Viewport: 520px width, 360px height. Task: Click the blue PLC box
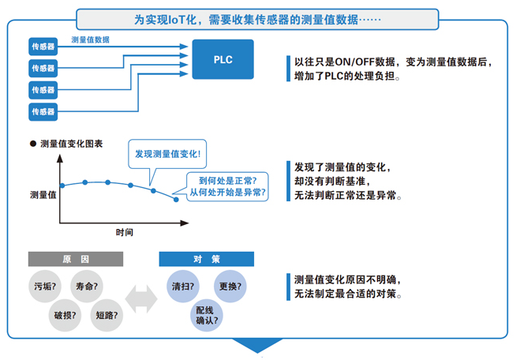[x=223, y=59]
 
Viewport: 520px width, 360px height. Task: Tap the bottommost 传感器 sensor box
[x=44, y=112]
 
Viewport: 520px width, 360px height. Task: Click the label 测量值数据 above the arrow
[x=90, y=39]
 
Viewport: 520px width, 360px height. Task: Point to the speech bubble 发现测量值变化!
[x=167, y=154]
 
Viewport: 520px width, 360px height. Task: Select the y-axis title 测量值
[x=43, y=195]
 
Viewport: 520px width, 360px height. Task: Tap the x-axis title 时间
[x=124, y=234]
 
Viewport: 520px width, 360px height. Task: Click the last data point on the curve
[x=176, y=199]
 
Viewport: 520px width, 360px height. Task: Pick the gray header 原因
[x=76, y=259]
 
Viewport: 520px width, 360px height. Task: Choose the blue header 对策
[x=206, y=259]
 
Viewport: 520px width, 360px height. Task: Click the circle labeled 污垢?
[x=46, y=286]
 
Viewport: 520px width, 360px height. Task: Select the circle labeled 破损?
[x=65, y=315]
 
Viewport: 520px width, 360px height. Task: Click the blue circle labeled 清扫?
[x=184, y=286]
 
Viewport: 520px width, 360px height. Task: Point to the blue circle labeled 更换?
[x=230, y=286]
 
